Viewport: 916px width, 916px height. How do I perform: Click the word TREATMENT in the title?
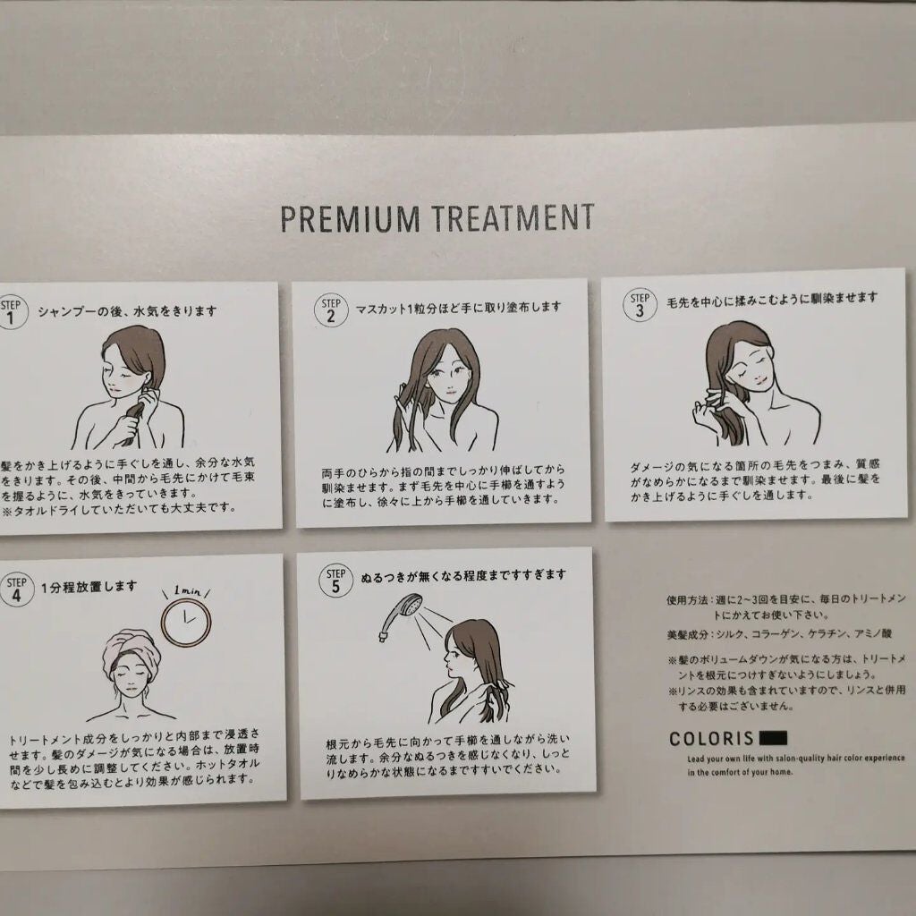(x=513, y=217)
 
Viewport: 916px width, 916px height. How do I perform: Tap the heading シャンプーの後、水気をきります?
(x=127, y=312)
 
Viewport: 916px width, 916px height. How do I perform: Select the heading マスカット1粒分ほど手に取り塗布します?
(x=458, y=307)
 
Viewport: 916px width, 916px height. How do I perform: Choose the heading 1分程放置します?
(x=89, y=586)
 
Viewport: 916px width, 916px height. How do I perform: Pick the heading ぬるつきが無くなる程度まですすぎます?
(x=463, y=574)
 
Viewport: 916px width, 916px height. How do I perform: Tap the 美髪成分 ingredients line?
(x=765, y=633)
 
